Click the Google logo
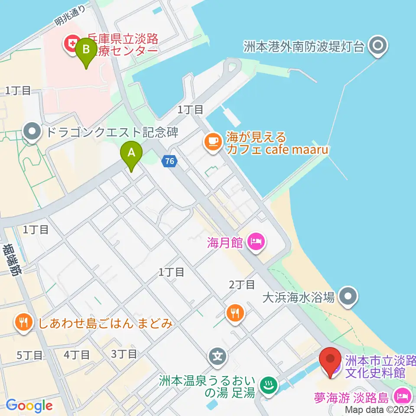[x=29, y=406]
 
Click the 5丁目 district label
[x=29, y=355]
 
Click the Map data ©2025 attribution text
[x=379, y=409]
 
